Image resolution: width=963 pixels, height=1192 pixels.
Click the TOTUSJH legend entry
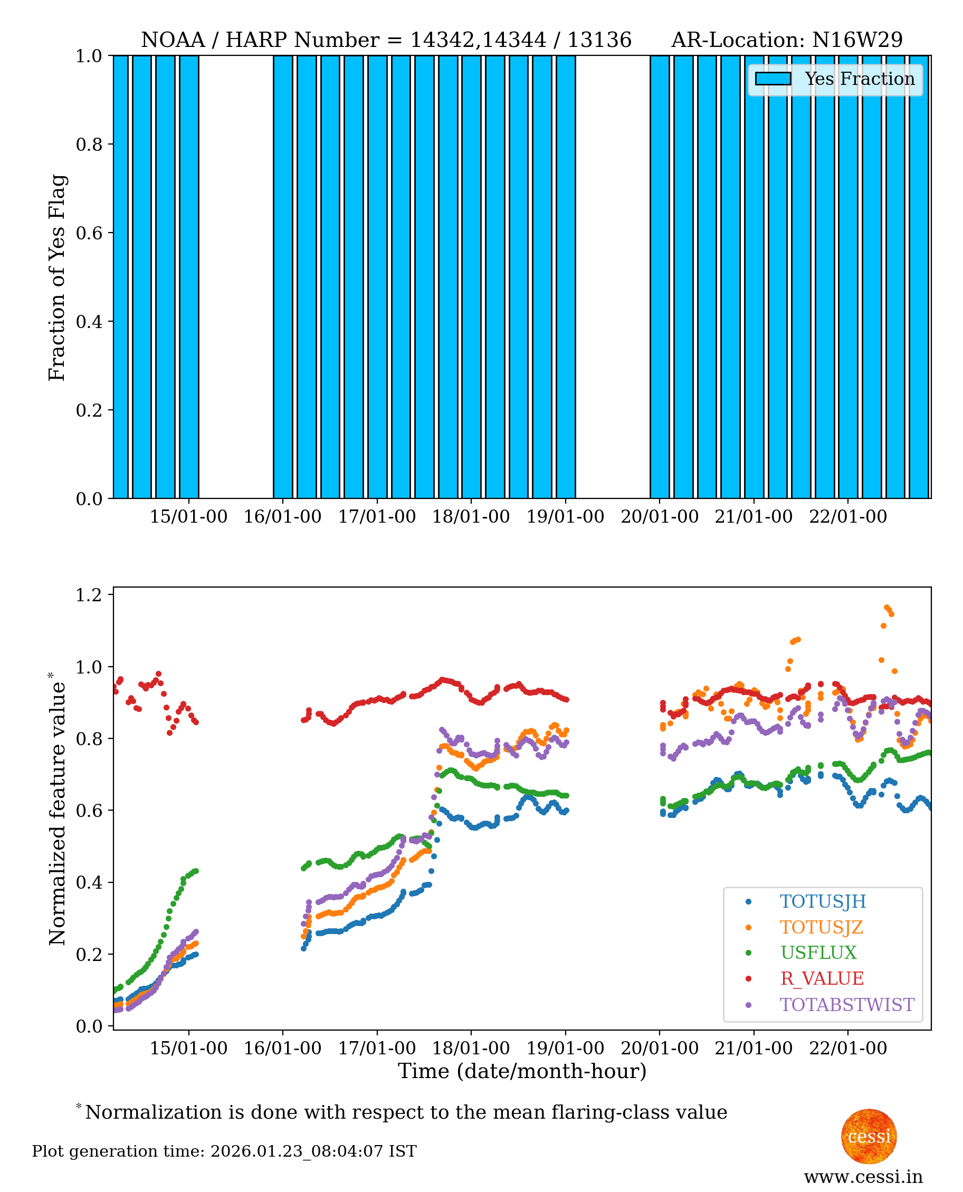click(x=822, y=901)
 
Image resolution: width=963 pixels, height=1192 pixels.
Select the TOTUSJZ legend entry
click(x=821, y=927)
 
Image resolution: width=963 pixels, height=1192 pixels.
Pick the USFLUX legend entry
click(x=818, y=953)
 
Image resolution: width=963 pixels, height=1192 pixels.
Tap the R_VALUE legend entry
click(x=821, y=978)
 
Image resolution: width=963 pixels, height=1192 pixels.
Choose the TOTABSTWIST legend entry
click(x=846, y=1005)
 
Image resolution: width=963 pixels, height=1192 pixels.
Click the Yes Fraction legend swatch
click(x=773, y=79)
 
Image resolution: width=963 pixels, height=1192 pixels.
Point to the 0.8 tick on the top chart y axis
click(x=89, y=144)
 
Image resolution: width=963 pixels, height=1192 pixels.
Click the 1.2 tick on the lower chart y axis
click(x=89, y=595)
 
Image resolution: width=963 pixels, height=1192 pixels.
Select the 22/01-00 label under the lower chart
click(x=847, y=1049)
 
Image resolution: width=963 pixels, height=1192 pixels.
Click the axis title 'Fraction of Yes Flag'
click(x=57, y=277)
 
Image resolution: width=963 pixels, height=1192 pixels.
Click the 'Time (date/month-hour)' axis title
click(x=522, y=1071)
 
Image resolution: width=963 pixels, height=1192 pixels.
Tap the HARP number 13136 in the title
click(x=599, y=40)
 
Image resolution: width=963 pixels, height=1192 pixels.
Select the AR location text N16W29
click(x=857, y=40)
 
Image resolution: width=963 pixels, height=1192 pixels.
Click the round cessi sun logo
click(x=869, y=1136)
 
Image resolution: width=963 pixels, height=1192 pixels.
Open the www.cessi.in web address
click(x=863, y=1177)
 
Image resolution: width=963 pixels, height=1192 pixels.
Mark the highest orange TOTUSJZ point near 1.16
click(x=886, y=608)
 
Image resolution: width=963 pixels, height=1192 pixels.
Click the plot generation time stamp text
click(x=224, y=1151)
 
